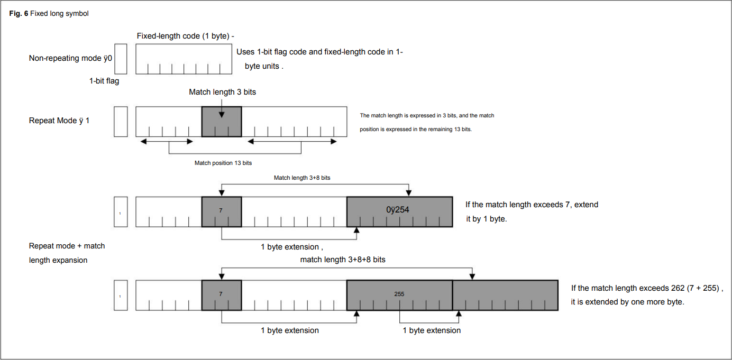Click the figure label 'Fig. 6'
click(19, 14)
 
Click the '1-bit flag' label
click(104, 81)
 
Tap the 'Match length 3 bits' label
click(222, 92)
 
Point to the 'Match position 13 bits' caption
click(223, 163)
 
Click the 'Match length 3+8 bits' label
click(302, 178)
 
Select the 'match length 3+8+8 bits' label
click(343, 260)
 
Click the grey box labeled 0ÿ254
click(399, 211)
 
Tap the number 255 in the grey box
click(399, 293)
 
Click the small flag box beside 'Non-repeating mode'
click(121, 59)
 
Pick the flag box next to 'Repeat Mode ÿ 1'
click(121, 122)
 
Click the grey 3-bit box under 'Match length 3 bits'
click(222, 122)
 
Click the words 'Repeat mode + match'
click(67, 246)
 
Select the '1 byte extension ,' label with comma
click(292, 247)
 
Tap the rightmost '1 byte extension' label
click(432, 330)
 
